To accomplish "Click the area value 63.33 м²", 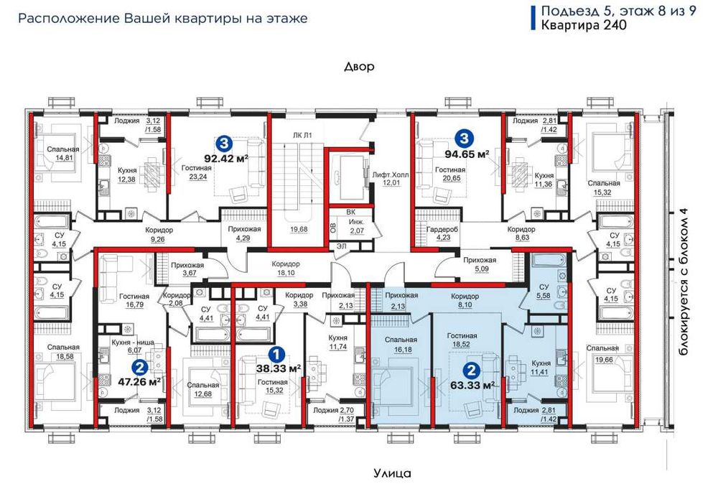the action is [x=473, y=385].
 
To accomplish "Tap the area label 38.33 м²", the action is [x=278, y=368].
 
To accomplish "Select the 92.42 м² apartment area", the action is [x=226, y=159].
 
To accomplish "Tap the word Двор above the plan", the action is [x=360, y=67].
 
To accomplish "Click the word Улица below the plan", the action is [x=392, y=473].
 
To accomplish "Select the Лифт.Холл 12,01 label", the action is [x=391, y=179].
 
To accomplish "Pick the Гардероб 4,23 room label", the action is [x=443, y=233].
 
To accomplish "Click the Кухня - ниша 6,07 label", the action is [x=133, y=346].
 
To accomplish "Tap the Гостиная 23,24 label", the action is [x=197, y=172].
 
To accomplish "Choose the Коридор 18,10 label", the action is [x=286, y=269].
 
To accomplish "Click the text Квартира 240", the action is [x=584, y=24].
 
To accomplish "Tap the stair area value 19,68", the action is [x=299, y=229].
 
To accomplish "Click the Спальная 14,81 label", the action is [x=63, y=154].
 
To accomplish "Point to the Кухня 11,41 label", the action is [x=539, y=368].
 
